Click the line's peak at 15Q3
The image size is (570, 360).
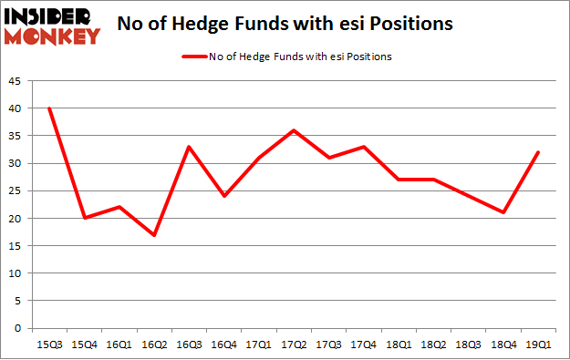[49, 108]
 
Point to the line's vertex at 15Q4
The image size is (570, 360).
[86, 219]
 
